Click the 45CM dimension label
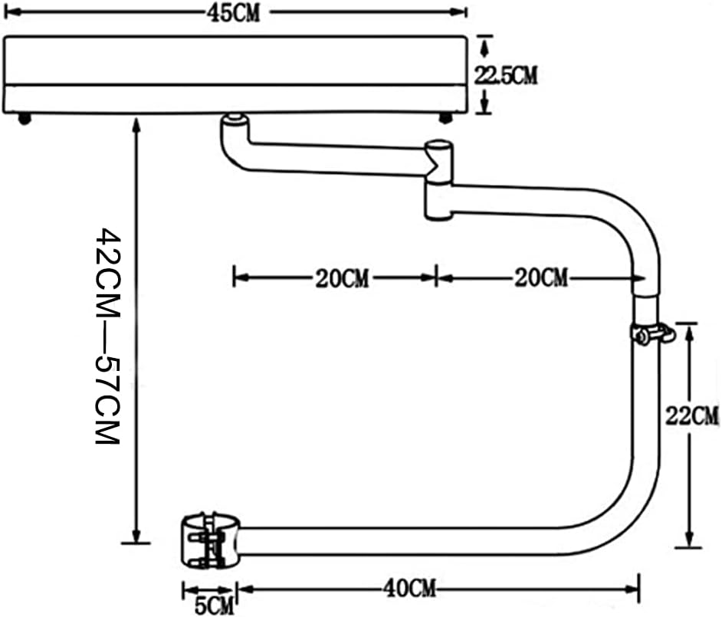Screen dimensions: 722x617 [x=233, y=13]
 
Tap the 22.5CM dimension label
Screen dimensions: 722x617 [x=506, y=75]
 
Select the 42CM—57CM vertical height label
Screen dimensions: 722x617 [x=108, y=336]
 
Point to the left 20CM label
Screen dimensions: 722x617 [x=342, y=278]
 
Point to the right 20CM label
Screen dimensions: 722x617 [x=541, y=277]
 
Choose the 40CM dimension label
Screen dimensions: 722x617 [x=409, y=588]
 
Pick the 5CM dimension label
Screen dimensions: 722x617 [x=214, y=605]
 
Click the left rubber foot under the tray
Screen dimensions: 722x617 [x=25, y=120]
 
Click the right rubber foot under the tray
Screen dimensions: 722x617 [x=445, y=118]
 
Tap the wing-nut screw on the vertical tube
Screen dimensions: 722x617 [x=653, y=333]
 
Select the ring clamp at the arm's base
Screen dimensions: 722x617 [x=210, y=541]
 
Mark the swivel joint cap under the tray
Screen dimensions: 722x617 [x=235, y=120]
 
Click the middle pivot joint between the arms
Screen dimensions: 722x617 [x=439, y=180]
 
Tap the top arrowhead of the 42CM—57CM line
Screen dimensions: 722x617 [x=136, y=124]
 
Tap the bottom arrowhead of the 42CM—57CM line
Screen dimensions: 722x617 [x=136, y=536]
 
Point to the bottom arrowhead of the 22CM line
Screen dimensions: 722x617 [x=689, y=539]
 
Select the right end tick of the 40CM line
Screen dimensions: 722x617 [x=638, y=588]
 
